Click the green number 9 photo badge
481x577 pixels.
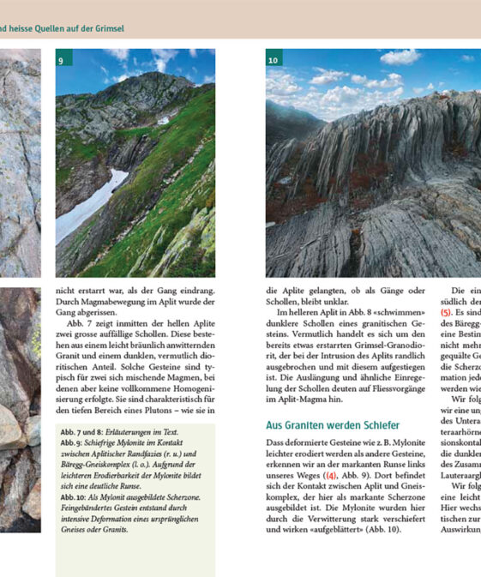point(62,60)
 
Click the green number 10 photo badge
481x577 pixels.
point(274,60)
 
